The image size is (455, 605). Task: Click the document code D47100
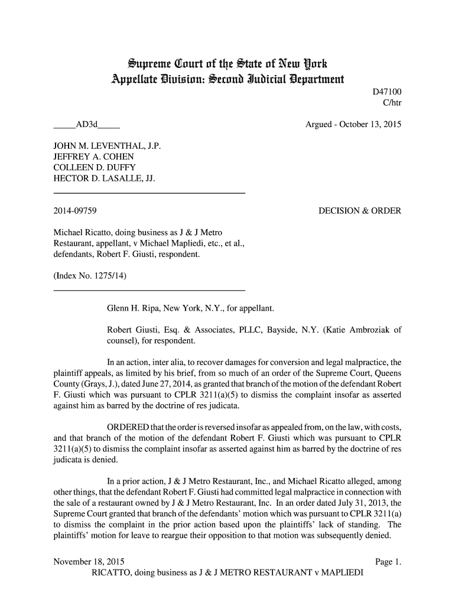[386, 93]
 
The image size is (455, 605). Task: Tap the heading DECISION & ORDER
[360, 211]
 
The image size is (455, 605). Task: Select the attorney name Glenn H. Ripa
[133, 309]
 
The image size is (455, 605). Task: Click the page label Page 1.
[388, 562]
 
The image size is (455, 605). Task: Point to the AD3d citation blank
[86, 125]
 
